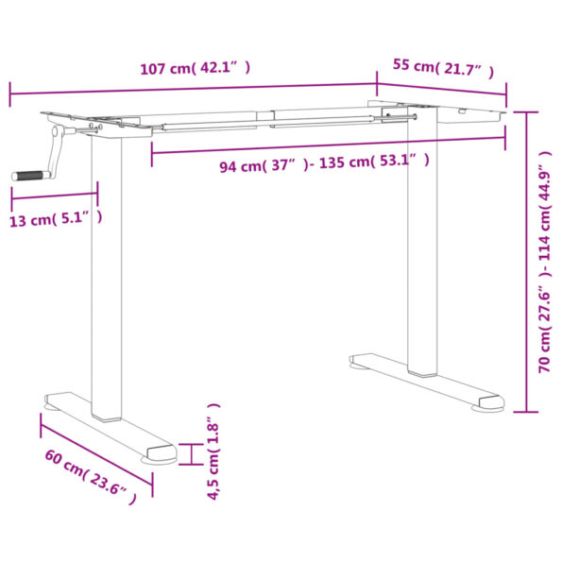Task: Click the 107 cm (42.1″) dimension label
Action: tap(195, 68)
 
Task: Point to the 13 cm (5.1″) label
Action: tap(56, 219)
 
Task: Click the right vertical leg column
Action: tap(423, 246)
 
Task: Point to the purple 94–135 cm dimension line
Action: tap(326, 145)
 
